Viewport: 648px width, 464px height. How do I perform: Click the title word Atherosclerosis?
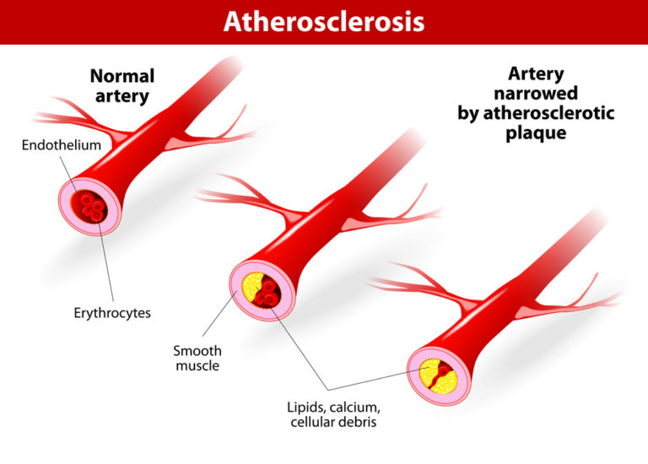(x=323, y=22)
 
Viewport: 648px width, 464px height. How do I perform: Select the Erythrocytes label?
(x=111, y=313)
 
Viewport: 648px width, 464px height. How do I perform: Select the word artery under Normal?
(x=123, y=96)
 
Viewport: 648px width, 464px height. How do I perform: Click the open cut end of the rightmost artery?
(x=440, y=374)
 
